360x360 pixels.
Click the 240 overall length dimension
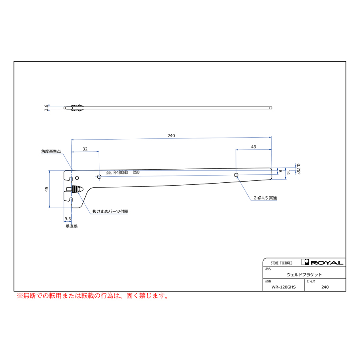[x=171, y=136]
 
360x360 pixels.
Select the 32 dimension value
[x=85, y=149]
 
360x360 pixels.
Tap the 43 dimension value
[x=254, y=147]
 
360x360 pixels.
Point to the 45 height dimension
[x=47, y=189]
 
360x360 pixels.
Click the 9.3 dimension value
[x=68, y=218]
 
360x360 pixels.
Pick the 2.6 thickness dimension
[x=46, y=108]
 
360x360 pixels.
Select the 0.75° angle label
[x=298, y=169]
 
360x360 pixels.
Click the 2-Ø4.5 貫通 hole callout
[x=265, y=198]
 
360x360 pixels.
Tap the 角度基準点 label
[x=51, y=151]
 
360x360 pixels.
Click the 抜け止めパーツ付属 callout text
[x=110, y=211]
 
